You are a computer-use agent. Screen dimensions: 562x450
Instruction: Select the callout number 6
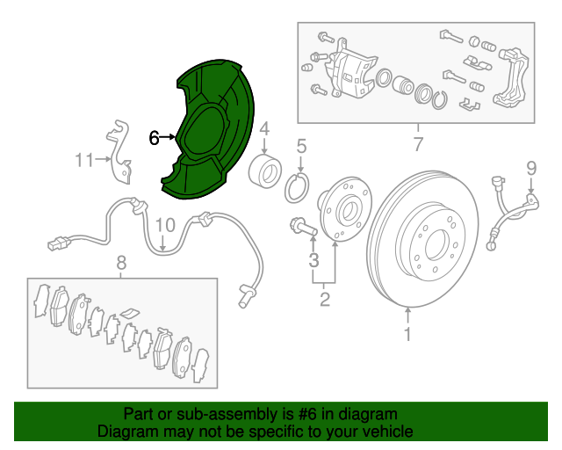[154, 138]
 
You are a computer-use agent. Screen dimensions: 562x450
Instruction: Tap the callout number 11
[84, 160]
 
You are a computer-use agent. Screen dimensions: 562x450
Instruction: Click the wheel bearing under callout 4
[265, 172]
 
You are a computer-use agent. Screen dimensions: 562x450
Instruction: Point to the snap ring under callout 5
[297, 187]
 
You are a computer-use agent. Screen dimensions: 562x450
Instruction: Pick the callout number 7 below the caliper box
[418, 144]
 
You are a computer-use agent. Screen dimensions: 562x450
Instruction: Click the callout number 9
[531, 168]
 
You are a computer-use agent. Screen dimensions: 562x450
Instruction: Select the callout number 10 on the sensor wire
[165, 225]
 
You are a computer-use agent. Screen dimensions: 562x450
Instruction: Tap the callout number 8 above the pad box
[121, 263]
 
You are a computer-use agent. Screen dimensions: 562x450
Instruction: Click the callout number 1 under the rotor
[407, 334]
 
